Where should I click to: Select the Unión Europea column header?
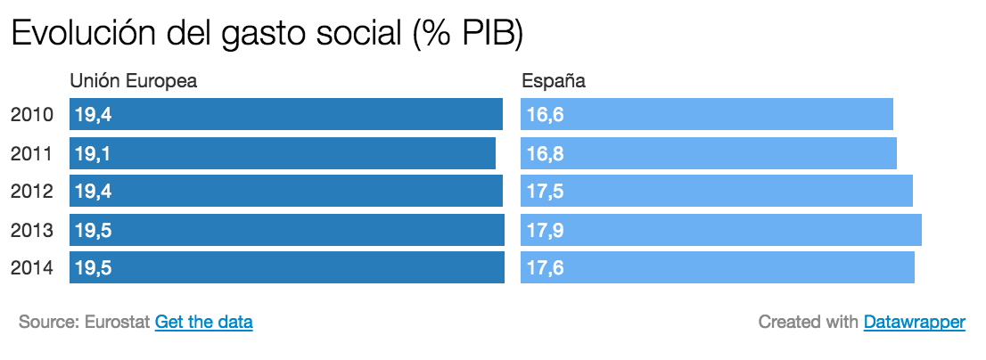133,81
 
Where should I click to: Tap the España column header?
553,81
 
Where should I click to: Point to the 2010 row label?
32,115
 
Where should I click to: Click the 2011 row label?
32,153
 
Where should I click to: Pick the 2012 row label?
32,191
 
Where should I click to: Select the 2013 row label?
32,230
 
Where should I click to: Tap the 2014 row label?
32,267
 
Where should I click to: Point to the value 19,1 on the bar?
93,153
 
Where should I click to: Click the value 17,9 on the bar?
545,230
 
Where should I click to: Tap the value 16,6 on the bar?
545,115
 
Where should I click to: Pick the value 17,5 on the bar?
545,191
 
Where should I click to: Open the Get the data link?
204,322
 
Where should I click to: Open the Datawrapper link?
914,322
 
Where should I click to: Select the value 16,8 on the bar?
545,153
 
